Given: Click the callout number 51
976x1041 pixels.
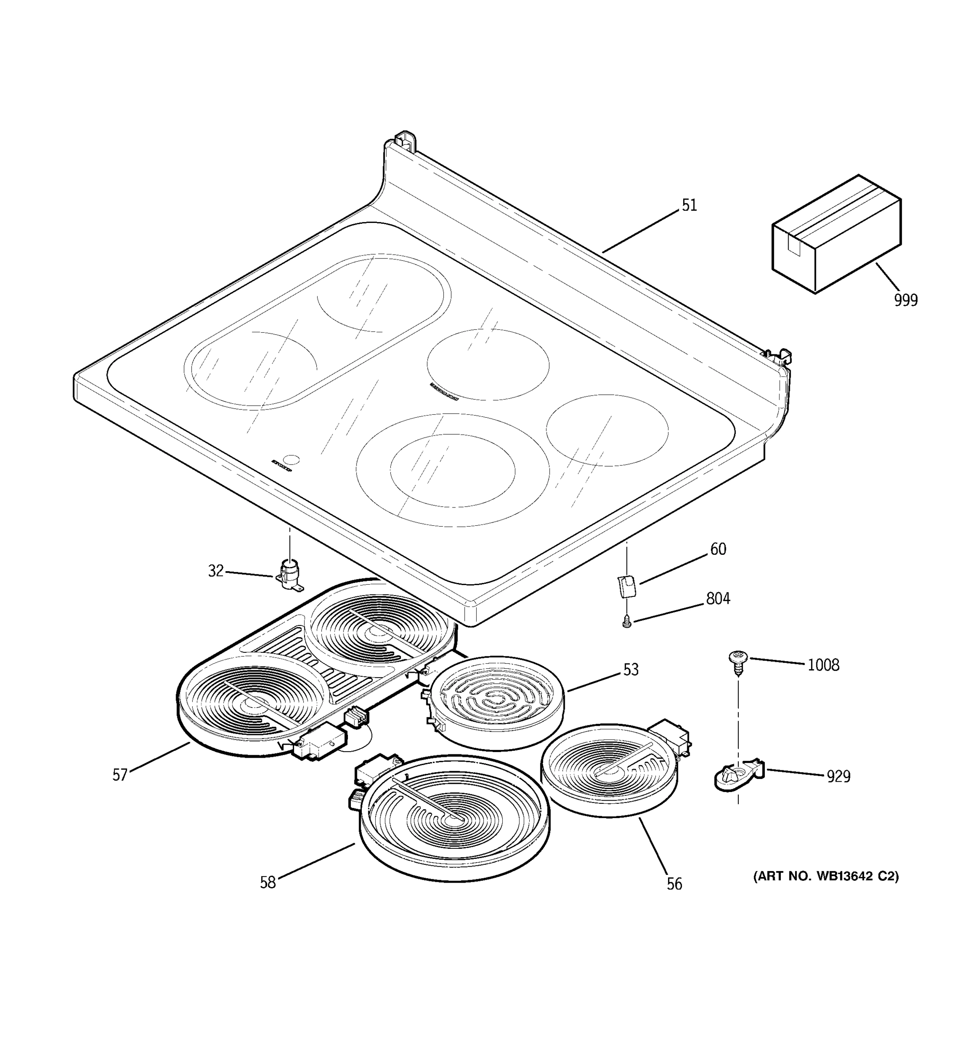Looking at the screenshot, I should (689, 205).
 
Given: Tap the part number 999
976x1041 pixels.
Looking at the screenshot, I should (905, 301).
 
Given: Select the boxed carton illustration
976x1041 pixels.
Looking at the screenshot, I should (836, 234).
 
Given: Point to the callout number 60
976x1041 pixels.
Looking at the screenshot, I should (718, 549).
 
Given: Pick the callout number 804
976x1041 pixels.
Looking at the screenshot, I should (718, 599).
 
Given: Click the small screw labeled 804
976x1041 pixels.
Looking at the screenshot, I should (627, 622).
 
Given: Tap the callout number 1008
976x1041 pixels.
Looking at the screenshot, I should (823, 665).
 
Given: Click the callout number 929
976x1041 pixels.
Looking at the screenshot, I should (838, 776).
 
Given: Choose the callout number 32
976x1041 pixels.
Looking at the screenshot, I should (216, 571).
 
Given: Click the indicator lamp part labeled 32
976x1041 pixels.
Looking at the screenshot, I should (289, 574).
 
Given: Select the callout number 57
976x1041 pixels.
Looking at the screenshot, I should (120, 775).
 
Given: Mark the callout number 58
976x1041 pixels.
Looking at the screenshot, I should (268, 883).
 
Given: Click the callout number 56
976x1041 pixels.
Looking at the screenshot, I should (675, 884).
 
